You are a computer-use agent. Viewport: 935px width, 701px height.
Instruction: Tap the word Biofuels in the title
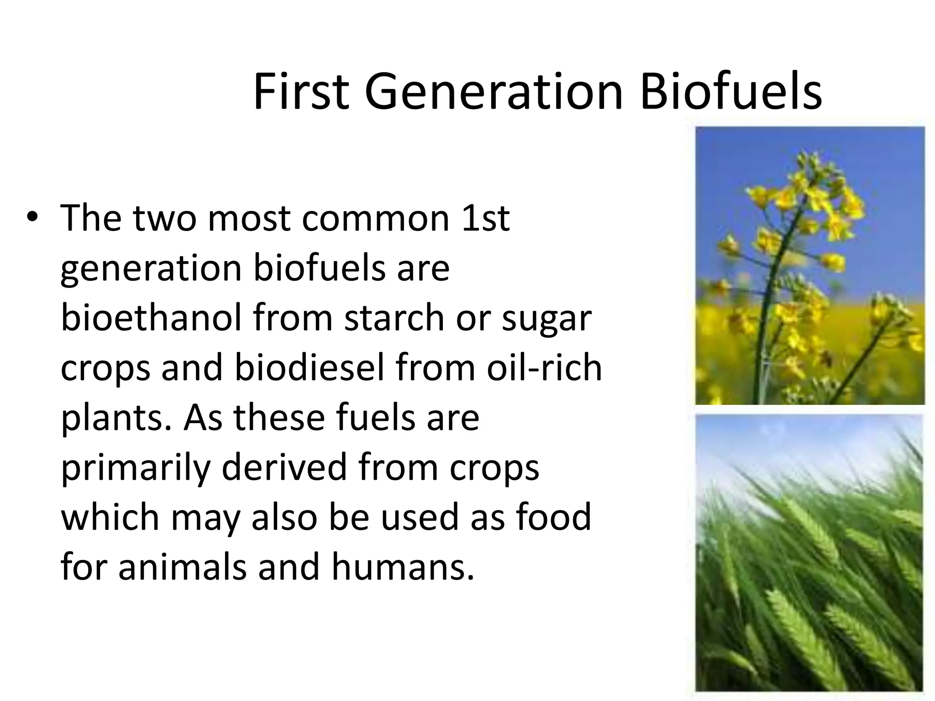pos(730,92)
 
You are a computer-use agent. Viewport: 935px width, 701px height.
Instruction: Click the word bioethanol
pos(151,318)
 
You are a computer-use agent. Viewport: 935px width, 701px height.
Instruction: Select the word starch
pos(394,318)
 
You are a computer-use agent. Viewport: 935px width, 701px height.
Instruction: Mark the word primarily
pos(136,468)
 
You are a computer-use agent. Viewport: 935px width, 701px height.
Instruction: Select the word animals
pos(183,567)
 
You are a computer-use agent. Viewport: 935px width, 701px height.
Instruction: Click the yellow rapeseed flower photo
pos(809,265)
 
